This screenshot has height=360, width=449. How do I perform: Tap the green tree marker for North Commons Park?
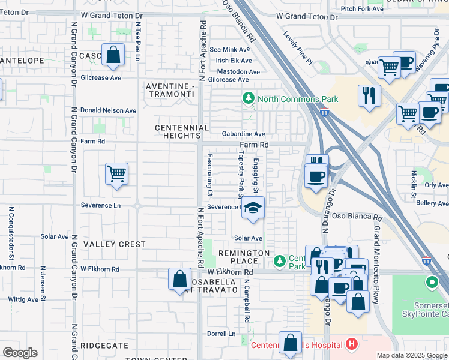[x=247, y=98]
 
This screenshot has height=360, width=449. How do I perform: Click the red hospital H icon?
[x=352, y=344]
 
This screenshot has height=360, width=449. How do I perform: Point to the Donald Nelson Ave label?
[x=109, y=110]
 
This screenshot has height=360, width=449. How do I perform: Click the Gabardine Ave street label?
[x=243, y=134]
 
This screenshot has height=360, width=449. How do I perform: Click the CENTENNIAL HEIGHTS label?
[x=182, y=132]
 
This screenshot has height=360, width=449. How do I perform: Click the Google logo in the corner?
[x=20, y=352]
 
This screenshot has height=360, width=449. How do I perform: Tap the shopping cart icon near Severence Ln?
[x=116, y=174]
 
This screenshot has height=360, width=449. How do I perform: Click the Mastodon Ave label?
[x=238, y=71]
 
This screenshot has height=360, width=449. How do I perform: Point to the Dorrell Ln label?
[x=221, y=334]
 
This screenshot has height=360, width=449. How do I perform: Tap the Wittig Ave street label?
[x=23, y=299]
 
